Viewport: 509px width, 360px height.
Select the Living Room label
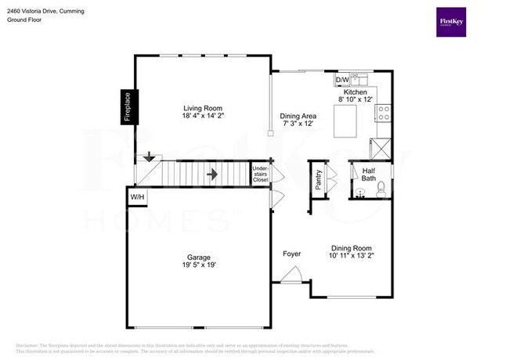(203, 109)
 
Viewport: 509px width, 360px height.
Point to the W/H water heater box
(137, 196)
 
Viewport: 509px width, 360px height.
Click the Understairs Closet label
(260, 174)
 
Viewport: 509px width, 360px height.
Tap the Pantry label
(319, 179)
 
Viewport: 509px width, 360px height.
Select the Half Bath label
(368, 175)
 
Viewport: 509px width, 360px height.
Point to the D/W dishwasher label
(342, 80)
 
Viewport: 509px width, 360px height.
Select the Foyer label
(292, 254)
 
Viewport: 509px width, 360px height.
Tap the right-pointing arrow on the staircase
(211, 173)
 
